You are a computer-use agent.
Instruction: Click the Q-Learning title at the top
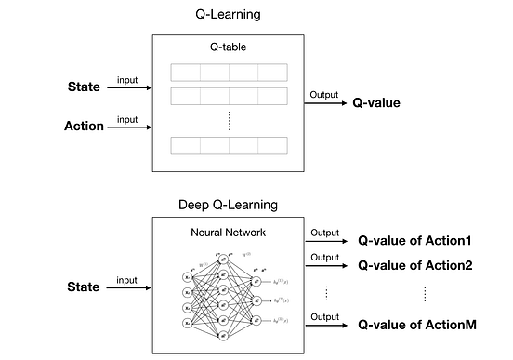tap(227, 16)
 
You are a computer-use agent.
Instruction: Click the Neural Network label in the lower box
tap(227, 233)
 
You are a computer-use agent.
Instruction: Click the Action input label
tap(84, 126)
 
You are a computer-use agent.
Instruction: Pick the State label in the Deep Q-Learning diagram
tap(84, 287)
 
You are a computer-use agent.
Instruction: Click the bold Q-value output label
tap(376, 102)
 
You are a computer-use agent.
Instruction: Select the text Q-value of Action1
tap(415, 239)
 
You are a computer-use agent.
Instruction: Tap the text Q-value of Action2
tap(415, 265)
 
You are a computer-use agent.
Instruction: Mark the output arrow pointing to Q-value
tap(324, 103)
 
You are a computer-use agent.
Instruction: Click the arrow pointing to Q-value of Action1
tap(327, 239)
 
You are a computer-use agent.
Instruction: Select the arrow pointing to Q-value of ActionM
tap(327, 325)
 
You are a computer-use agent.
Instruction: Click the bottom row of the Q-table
tap(228, 145)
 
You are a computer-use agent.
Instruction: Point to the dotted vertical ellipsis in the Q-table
tap(228, 119)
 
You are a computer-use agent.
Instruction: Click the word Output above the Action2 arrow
tap(323, 257)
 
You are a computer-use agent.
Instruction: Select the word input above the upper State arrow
tap(127, 79)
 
